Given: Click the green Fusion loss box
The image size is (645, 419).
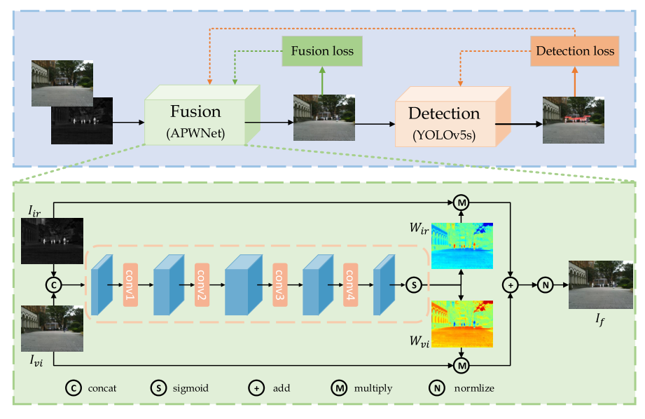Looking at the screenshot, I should tap(322, 51).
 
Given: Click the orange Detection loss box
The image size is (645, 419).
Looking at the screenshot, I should tap(574, 50).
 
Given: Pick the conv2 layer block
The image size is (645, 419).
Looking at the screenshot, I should tap(202, 286).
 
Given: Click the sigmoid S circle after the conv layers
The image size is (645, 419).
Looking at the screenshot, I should tap(414, 285).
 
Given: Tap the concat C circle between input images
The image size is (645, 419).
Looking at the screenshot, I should tap(53, 285).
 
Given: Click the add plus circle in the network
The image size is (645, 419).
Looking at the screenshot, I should tap(511, 285).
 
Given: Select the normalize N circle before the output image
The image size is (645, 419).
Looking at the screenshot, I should tap(544, 285).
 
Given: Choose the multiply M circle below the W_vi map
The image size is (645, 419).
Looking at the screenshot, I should tap(461, 365).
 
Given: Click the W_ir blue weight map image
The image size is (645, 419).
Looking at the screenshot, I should tap(462, 246).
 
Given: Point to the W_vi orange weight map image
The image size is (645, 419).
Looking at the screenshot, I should tap(462, 324).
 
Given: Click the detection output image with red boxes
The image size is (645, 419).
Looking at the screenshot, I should tap(573, 120).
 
